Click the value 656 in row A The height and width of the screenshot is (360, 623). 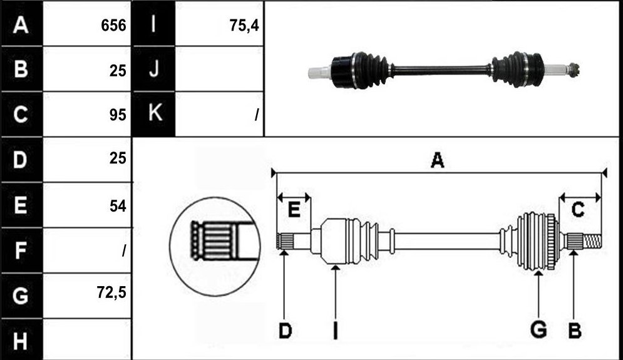pos(113,26)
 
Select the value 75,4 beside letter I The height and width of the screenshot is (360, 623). pos(244,26)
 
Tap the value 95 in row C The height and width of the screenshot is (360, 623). pos(118,115)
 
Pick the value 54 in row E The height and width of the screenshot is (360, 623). pos(118,206)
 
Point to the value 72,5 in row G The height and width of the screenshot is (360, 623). pos(111,292)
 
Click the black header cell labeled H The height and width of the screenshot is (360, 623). pos(21,340)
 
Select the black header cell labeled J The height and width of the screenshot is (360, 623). pos(153,69)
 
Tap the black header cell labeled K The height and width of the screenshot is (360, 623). pos(153,114)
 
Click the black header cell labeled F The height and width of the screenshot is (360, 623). pos(21,250)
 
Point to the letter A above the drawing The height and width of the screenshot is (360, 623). pos(438,160)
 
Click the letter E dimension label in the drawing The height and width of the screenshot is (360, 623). pos(294,209)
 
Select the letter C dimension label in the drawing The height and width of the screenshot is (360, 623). pos(578,209)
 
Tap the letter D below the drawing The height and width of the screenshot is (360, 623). pos(286,331)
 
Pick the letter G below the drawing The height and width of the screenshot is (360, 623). pos(538,330)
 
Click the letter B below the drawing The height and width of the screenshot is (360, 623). pos(575,331)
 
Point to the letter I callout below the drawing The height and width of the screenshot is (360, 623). pos(336,331)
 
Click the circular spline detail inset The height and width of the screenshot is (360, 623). pos(215,246)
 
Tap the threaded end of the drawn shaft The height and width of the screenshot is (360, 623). pos(592,241)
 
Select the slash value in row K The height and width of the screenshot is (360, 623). pos(257,115)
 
